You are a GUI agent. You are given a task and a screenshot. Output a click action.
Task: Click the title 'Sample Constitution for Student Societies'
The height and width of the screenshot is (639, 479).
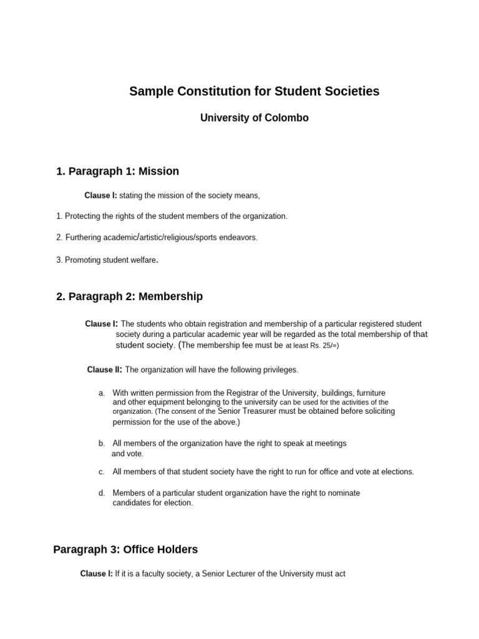[x=254, y=92]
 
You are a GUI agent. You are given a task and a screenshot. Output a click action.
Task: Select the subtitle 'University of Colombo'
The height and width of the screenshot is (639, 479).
[x=254, y=118]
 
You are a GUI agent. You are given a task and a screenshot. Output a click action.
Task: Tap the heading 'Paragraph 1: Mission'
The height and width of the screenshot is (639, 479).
[x=117, y=171]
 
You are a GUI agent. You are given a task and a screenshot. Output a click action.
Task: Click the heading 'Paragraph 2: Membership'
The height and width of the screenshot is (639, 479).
[x=129, y=296]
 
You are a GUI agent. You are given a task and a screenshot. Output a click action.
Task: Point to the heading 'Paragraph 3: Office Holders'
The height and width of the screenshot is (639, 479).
[x=125, y=550]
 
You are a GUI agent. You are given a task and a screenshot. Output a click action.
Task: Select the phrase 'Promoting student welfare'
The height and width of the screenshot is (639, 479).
[x=110, y=260]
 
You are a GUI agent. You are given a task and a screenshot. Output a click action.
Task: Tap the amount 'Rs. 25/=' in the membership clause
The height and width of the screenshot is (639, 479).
[x=323, y=345]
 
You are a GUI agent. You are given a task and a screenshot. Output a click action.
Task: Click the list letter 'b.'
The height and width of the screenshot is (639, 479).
[x=102, y=444]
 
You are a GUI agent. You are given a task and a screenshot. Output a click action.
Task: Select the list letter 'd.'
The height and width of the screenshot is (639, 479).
[x=102, y=493]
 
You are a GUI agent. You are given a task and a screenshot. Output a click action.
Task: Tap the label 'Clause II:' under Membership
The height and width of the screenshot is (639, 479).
[x=104, y=370]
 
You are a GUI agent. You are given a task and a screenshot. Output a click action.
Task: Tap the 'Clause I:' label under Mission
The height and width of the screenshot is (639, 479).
[x=100, y=196]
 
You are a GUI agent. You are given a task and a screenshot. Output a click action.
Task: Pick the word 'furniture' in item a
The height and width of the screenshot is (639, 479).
[x=367, y=393]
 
